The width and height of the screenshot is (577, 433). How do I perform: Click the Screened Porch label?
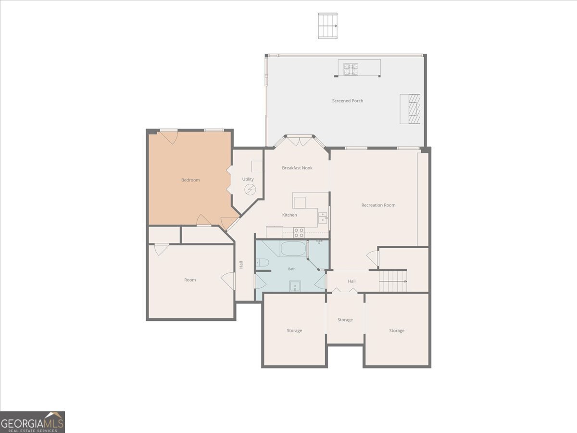[x=348, y=101]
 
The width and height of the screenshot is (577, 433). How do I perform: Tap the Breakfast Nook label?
[x=297, y=168]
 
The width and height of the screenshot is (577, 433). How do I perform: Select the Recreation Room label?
[x=378, y=205]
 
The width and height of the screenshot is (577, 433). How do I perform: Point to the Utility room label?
[x=248, y=179]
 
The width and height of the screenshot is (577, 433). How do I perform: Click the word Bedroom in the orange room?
[x=190, y=180]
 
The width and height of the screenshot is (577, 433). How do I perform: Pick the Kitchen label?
[x=289, y=215]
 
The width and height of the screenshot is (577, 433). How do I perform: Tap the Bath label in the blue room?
[x=292, y=269]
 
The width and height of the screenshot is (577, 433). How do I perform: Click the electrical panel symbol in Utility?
[x=250, y=189]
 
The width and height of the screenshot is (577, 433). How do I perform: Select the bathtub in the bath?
[x=293, y=249]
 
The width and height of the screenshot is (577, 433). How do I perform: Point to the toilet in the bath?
[x=263, y=262]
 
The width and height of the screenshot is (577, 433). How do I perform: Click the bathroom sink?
[x=295, y=286]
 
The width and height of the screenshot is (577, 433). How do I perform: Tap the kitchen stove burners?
[x=299, y=233]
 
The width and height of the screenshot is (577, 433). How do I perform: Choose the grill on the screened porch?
[x=351, y=69]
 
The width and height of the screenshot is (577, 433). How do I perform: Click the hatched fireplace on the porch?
[x=414, y=109]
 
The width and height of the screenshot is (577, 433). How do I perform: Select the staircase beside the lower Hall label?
[x=393, y=281]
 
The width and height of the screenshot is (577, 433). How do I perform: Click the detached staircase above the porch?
[x=328, y=26]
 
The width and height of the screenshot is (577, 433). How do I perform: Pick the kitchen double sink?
[x=323, y=218]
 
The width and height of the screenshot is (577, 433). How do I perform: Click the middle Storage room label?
[x=345, y=319]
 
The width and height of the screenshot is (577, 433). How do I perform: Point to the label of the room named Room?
[x=190, y=280]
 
